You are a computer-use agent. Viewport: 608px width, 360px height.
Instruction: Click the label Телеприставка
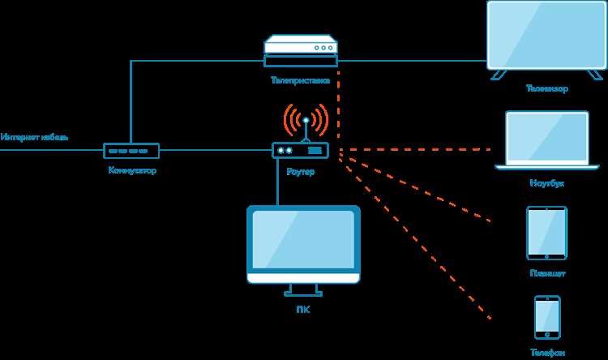[x=300, y=80]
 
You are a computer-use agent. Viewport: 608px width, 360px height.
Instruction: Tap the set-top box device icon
[x=300, y=51]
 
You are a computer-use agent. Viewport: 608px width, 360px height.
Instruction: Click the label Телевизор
[x=546, y=89]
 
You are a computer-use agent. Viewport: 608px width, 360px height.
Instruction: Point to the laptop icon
[x=546, y=139]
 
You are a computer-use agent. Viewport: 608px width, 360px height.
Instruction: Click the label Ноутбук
[x=546, y=183]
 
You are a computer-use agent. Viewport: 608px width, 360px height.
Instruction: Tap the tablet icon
[x=546, y=233]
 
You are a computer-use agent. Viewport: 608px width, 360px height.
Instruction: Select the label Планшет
[x=546, y=274]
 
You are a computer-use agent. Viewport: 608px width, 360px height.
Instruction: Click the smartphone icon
[x=546, y=317]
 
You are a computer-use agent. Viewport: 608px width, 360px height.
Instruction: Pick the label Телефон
[x=546, y=354]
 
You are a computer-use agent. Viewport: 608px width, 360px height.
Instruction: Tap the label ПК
[x=303, y=309]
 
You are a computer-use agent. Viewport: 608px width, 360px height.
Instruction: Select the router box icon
[x=300, y=150]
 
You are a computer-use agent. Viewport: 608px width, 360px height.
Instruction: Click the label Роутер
[x=300, y=172]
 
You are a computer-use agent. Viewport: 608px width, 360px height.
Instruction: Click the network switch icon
[x=131, y=151]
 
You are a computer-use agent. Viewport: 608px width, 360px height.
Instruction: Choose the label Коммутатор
[x=131, y=171]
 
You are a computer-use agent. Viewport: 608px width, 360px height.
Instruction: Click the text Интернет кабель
[x=34, y=136]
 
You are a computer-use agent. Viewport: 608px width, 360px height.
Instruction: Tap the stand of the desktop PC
[x=303, y=289]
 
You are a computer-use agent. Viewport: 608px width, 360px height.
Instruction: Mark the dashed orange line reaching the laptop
[x=417, y=150]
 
